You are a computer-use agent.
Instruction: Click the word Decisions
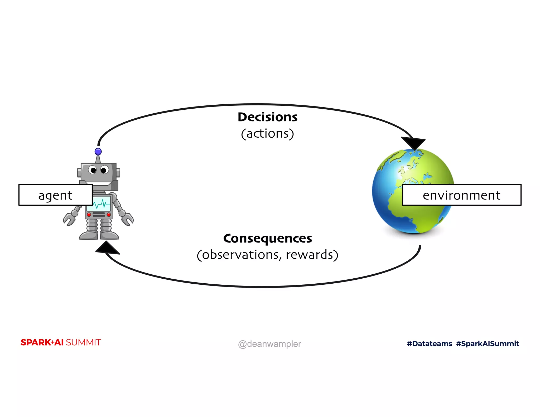(x=267, y=117)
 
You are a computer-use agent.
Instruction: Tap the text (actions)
(x=267, y=133)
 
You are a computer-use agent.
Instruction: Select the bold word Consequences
(x=267, y=238)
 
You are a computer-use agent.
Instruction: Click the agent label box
(x=55, y=195)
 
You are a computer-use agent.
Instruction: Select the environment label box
(x=461, y=195)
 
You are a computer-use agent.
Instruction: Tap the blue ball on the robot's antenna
(x=98, y=152)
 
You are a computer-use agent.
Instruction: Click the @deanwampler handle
(x=269, y=344)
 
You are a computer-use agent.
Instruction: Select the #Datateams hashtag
(x=429, y=343)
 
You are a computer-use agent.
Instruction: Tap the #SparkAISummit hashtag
(x=488, y=343)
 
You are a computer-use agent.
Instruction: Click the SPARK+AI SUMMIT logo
(x=61, y=342)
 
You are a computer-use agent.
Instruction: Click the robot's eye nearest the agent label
(x=93, y=170)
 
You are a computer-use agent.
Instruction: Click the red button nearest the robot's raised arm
(x=109, y=215)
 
